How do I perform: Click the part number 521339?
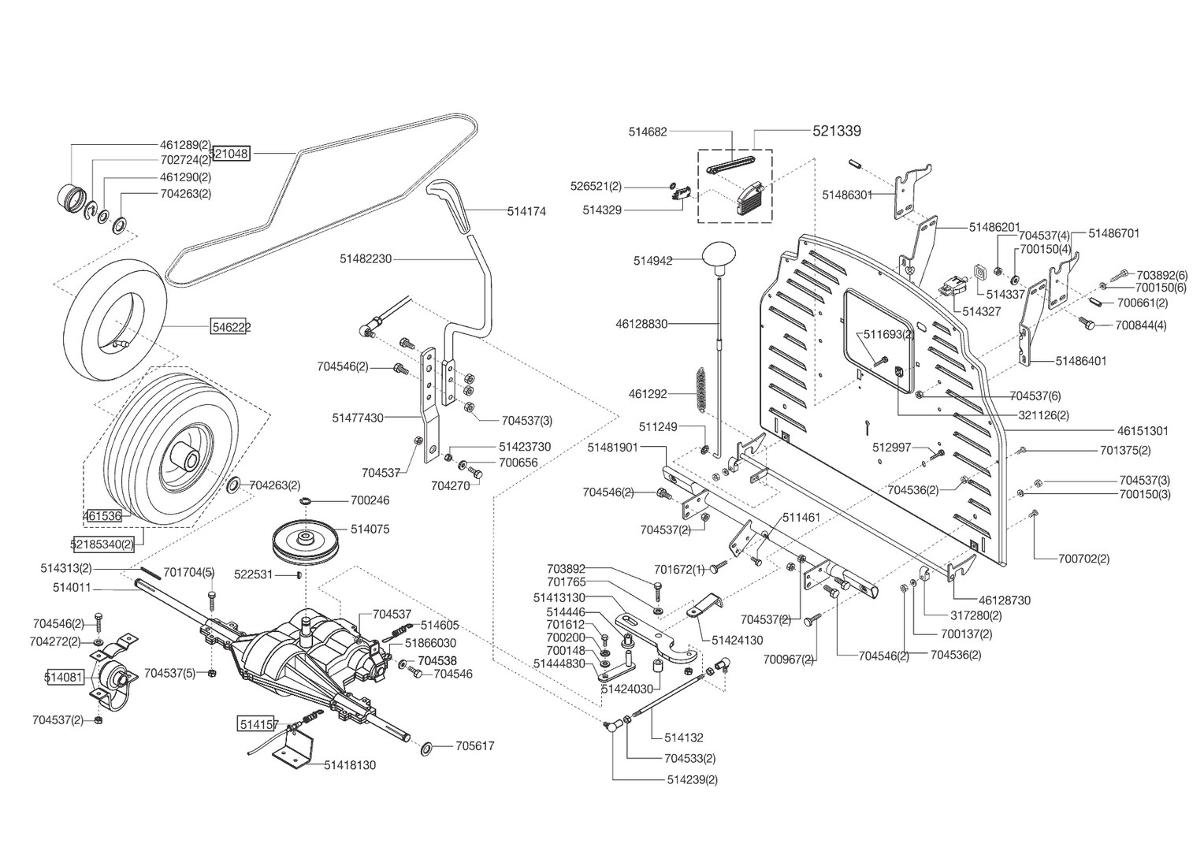(837, 131)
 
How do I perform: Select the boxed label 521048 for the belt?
(231, 154)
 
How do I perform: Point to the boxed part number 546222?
(231, 327)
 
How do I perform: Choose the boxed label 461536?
(102, 516)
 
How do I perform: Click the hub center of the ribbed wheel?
(184, 457)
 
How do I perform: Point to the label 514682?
(648, 132)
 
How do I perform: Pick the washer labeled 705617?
(428, 749)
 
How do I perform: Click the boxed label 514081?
(64, 677)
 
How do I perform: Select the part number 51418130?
(350, 765)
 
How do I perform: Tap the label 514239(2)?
(693, 779)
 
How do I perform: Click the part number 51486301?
(848, 195)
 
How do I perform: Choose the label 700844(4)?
(1141, 325)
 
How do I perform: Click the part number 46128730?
(1005, 600)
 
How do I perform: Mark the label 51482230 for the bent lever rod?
(366, 258)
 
